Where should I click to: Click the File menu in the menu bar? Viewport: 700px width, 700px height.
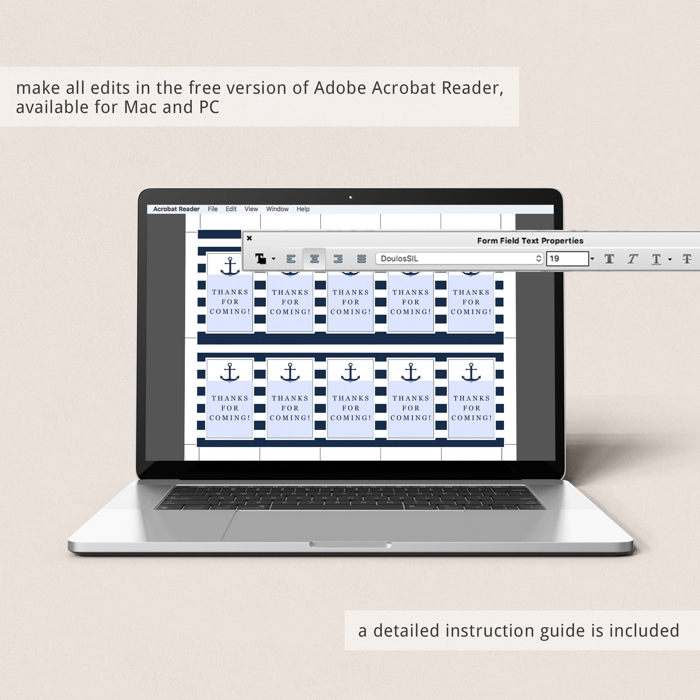pos(213,209)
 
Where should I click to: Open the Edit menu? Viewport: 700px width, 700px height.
pos(231,209)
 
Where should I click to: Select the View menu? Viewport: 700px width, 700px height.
pos(251,209)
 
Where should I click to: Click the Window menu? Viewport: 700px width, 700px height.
pos(277,209)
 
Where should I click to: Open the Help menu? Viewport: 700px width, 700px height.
pos(303,209)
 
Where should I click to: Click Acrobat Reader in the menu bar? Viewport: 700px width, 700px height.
pos(176,209)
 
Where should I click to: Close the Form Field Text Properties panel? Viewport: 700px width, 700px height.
pos(249,238)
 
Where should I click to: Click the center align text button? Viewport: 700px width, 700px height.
pos(315,259)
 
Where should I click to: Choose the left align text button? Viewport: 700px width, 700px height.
pos(291,259)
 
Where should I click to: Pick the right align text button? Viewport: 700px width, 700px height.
pos(338,259)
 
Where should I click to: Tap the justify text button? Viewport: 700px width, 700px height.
pos(362,259)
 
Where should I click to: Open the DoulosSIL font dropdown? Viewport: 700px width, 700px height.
pos(460,259)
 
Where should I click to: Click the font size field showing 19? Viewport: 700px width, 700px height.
pos(567,259)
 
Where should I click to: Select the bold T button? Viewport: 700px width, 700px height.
pos(609,259)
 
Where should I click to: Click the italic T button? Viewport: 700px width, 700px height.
pos(632,259)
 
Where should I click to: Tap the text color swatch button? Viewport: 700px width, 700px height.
pos(261,259)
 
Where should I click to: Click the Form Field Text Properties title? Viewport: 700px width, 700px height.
pos(530,240)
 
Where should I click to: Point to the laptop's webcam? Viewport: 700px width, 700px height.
pos(350,197)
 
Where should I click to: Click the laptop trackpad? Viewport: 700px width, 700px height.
pos(350,525)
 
